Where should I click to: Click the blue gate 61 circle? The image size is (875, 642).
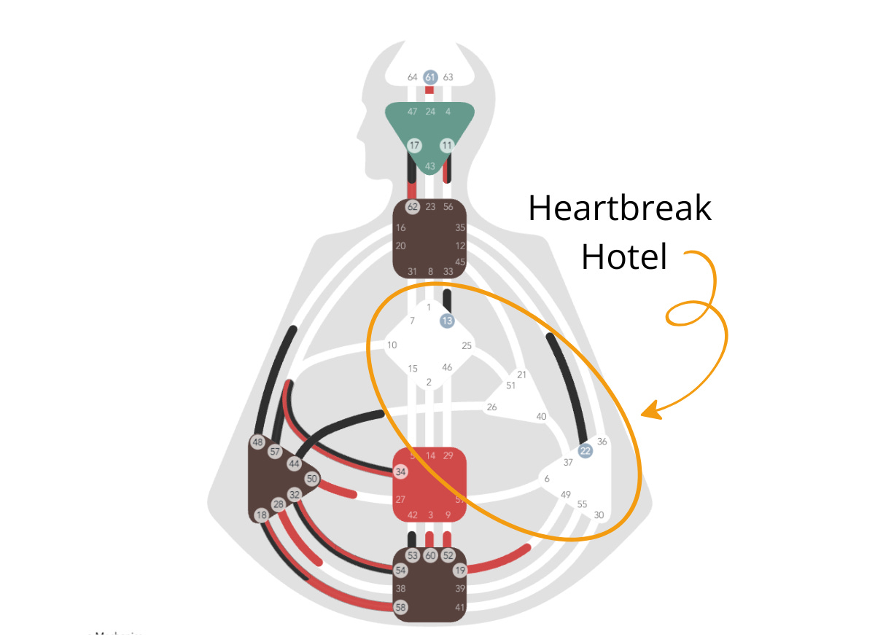[430, 77]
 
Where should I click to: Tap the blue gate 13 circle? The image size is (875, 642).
[447, 320]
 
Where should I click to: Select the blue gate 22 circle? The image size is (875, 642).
[585, 451]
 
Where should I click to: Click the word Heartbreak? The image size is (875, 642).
[620, 209]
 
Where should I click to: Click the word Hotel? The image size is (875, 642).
[625, 257]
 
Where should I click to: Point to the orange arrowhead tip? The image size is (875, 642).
[642, 415]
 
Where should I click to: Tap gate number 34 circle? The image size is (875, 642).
[400, 471]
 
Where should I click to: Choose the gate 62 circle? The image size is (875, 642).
[413, 207]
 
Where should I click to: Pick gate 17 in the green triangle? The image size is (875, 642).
[414, 145]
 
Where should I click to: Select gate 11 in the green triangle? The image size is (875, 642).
[447, 145]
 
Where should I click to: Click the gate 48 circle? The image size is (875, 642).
[257, 442]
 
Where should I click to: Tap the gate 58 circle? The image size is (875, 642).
[400, 607]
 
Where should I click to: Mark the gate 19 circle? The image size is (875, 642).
[459, 570]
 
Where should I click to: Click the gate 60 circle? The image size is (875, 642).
[430, 555]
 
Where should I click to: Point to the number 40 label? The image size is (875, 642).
[541, 416]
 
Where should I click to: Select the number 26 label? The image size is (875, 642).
[491, 407]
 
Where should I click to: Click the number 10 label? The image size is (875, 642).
[392, 345]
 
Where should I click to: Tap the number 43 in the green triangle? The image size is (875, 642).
[430, 166]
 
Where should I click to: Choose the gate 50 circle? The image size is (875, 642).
[312, 479]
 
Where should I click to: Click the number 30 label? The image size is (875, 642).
[599, 514]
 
